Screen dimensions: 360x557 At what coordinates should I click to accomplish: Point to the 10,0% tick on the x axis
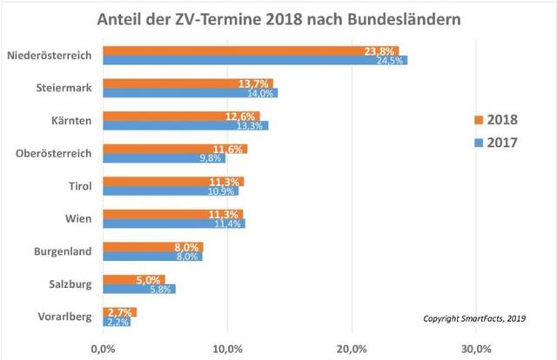(x=227, y=348)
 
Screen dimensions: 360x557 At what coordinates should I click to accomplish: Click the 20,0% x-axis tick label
(x=352, y=348)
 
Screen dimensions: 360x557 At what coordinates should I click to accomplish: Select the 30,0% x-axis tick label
(x=476, y=348)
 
